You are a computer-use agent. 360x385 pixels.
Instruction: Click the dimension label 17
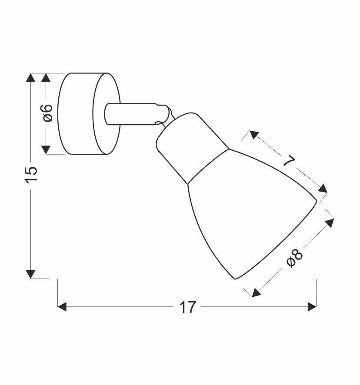[188, 307]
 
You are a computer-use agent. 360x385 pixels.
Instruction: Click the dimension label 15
[31, 175]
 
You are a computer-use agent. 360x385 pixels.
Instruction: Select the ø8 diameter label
[295, 258]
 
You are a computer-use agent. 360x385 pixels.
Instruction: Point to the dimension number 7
[289, 161]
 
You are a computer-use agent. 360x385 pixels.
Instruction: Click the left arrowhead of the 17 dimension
[62, 307]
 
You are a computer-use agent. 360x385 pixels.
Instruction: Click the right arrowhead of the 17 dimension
[312, 307]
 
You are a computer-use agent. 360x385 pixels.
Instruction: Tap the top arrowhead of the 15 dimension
[30, 77]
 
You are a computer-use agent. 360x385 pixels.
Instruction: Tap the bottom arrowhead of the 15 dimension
[30, 274]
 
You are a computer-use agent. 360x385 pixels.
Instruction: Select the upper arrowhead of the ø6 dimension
[46, 77]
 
